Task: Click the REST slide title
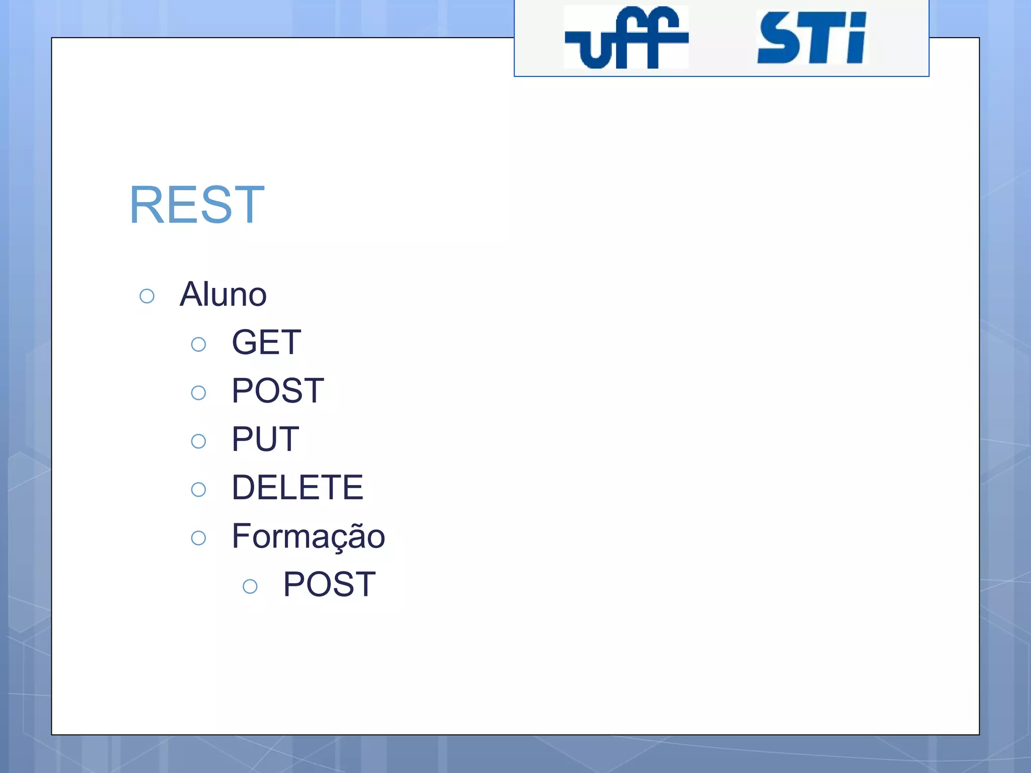coord(197,205)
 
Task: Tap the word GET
coord(266,343)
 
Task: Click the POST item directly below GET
coord(277,391)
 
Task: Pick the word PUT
coord(265,439)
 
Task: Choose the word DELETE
coord(297,488)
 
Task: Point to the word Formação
coord(308,536)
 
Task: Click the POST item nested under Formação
coord(329,585)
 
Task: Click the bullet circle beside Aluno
coord(147,296)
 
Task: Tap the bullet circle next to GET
coord(198,345)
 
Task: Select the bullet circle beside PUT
coord(198,441)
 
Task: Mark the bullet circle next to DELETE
coord(198,490)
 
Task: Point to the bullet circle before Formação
coord(198,538)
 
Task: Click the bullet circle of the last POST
coord(250,586)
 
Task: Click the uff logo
coord(626,38)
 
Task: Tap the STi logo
coord(812,38)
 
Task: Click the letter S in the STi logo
coord(778,38)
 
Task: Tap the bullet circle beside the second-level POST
coord(198,393)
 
